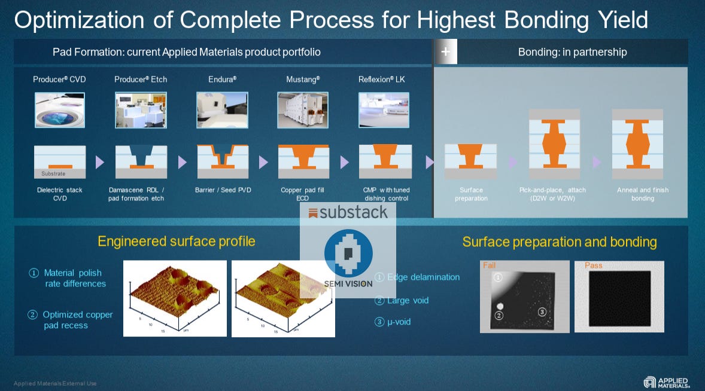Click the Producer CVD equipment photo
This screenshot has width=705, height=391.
click(x=59, y=110)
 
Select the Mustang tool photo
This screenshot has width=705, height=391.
click(x=303, y=110)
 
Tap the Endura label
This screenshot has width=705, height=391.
click(x=222, y=79)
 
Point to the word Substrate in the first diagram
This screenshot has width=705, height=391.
click(x=53, y=174)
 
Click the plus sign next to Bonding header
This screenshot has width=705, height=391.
click(x=445, y=52)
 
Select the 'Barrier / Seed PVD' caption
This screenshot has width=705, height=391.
click(x=223, y=190)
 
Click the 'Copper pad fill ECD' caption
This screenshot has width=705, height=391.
click(x=303, y=194)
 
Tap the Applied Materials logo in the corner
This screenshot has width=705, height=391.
click(x=666, y=382)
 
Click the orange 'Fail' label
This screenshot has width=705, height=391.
click(x=489, y=265)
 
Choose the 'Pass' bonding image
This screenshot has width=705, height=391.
click(x=619, y=297)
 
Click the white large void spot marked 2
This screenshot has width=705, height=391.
click(x=499, y=306)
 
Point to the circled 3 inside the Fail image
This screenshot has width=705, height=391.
click(x=541, y=311)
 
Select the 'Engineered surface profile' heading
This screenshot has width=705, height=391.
click(x=177, y=242)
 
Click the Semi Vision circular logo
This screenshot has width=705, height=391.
click(x=348, y=253)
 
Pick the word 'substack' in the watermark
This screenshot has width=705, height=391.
click(x=353, y=212)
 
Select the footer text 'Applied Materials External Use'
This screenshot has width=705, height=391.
click(x=55, y=383)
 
